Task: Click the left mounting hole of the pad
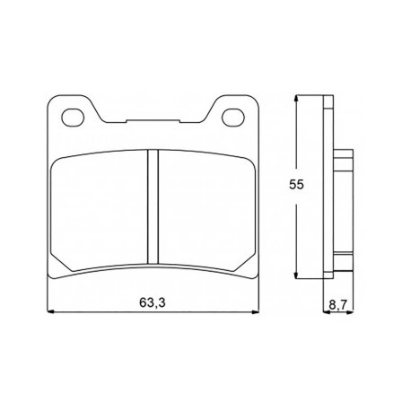(x=73, y=117)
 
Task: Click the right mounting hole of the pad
(x=233, y=117)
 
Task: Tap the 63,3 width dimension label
(x=153, y=302)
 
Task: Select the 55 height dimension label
(x=296, y=185)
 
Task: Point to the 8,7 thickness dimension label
(x=337, y=305)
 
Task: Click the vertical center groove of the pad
(x=153, y=207)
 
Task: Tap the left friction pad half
(x=100, y=210)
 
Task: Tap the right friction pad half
(x=206, y=210)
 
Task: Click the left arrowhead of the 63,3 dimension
(x=50, y=312)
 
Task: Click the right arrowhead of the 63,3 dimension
(x=255, y=312)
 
